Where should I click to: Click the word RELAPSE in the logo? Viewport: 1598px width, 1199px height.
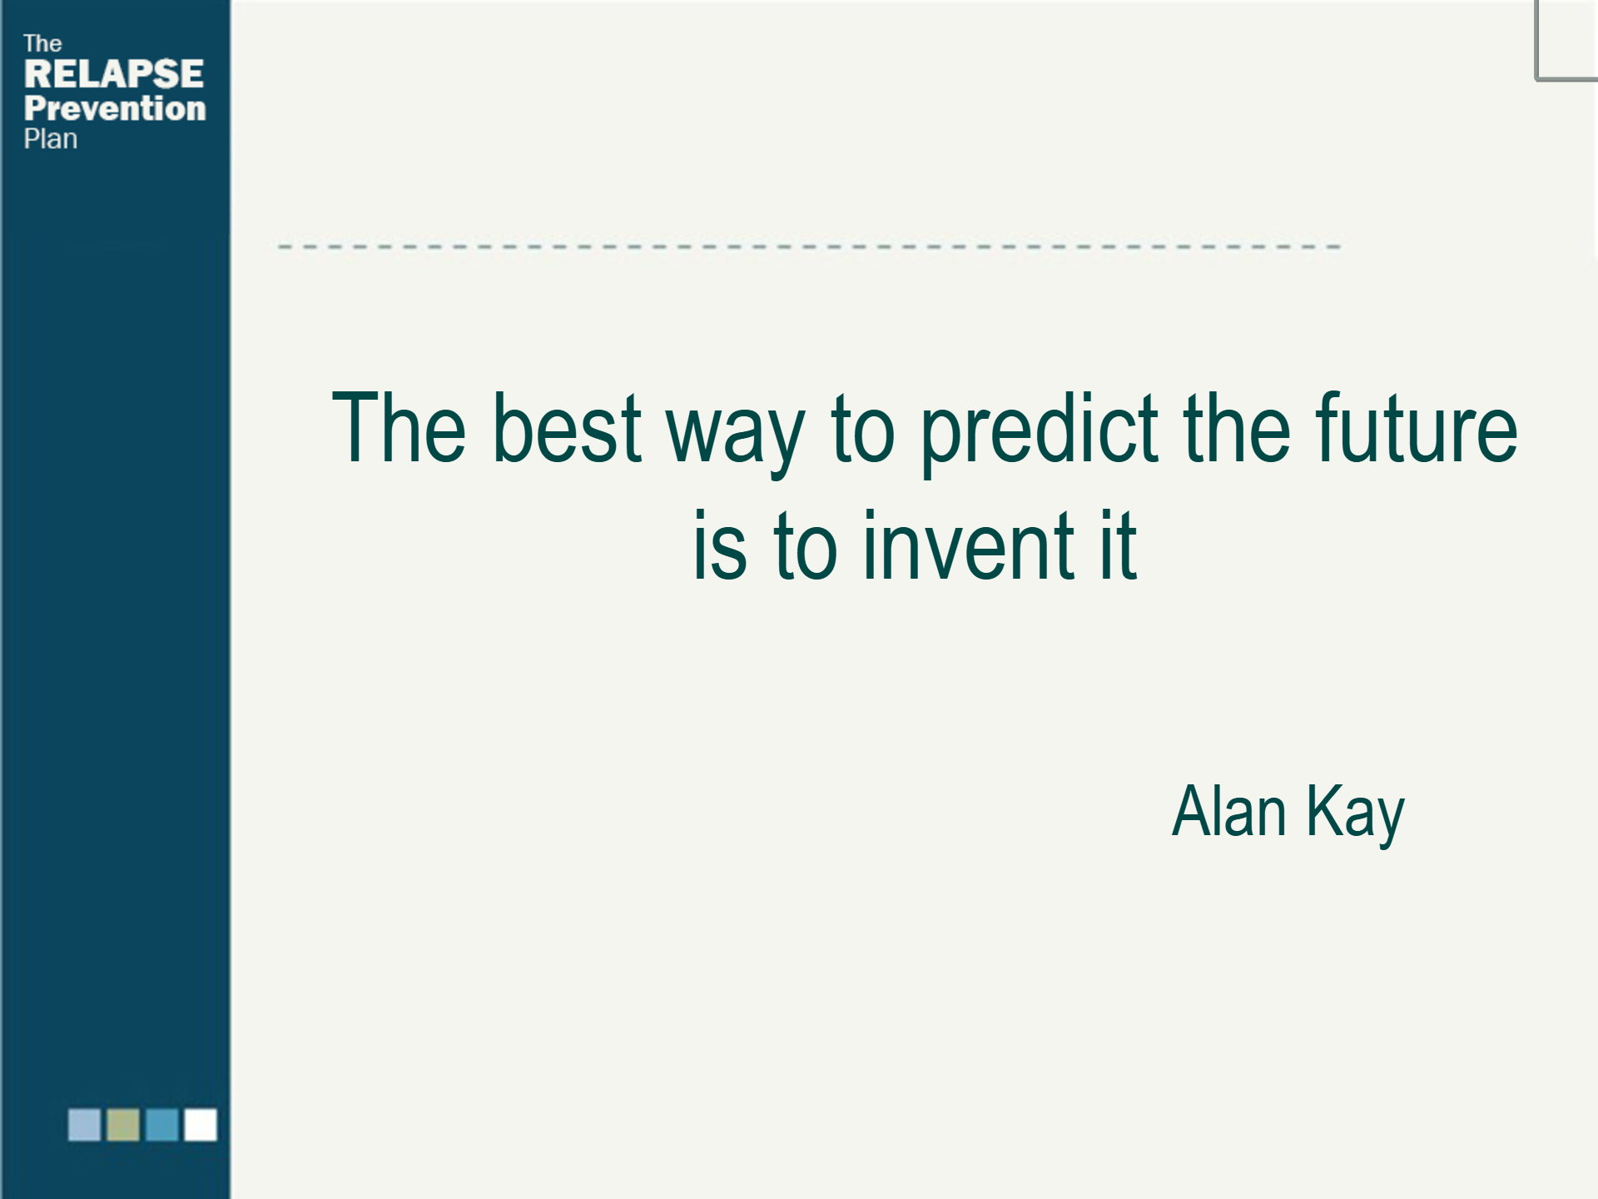pyautogui.click(x=114, y=74)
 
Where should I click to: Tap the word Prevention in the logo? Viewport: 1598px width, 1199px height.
pyautogui.click(x=115, y=108)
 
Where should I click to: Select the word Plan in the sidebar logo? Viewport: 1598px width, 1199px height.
pyautogui.click(x=51, y=139)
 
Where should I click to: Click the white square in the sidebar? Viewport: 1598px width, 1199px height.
pyautogui.click(x=201, y=1124)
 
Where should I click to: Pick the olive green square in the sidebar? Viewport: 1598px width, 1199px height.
pyautogui.click(x=123, y=1124)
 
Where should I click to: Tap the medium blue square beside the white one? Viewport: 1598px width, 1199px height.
pyautogui.click(x=162, y=1124)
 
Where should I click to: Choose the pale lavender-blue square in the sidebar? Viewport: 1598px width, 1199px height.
pyautogui.click(x=84, y=1124)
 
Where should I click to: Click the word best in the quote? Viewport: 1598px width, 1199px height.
pyautogui.click(x=567, y=427)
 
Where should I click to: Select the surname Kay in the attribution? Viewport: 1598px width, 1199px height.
pyautogui.click(x=1355, y=815)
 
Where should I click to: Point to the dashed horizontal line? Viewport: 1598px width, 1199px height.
pyautogui.click(x=809, y=246)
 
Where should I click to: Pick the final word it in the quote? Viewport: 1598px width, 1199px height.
pyautogui.click(x=1118, y=545)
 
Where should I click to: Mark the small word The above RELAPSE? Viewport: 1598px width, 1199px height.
pyautogui.click(x=42, y=43)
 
